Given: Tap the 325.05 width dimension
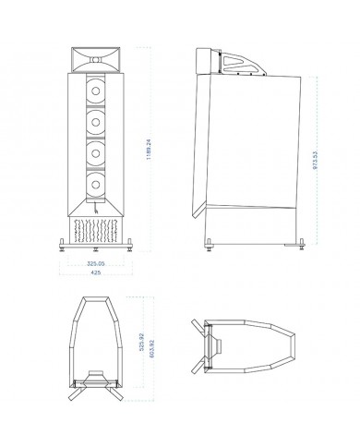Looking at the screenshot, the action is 94,263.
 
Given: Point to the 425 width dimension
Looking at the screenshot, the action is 95,272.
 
